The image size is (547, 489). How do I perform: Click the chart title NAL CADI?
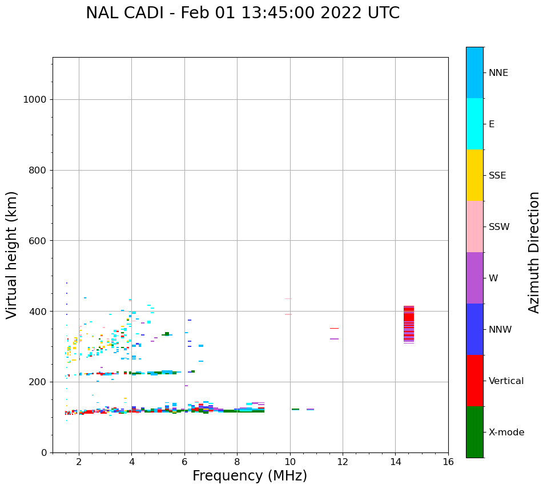(243, 13)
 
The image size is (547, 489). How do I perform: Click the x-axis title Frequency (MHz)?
(250, 476)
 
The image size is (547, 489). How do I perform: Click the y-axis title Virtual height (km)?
(12, 255)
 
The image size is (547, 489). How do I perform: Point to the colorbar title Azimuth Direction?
(534, 252)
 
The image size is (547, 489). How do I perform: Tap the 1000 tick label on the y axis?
(34, 100)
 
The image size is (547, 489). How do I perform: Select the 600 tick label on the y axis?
(37, 241)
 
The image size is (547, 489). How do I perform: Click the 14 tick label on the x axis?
(395, 461)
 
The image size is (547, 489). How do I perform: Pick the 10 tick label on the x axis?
(290, 461)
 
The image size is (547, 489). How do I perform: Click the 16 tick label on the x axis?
(448, 461)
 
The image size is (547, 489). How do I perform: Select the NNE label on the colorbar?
(498, 73)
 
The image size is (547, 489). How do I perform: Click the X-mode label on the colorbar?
(506, 433)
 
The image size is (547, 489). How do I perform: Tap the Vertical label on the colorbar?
(506, 381)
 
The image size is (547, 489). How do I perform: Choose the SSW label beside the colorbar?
(499, 227)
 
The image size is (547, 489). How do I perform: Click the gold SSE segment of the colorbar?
(474, 175)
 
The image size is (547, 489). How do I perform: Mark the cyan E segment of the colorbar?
(474, 124)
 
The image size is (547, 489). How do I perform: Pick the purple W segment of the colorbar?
(474, 278)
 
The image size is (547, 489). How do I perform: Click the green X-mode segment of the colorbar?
(474, 432)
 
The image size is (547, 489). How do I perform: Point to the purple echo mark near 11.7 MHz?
(334, 339)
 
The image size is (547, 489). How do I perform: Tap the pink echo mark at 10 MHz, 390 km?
(288, 314)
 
